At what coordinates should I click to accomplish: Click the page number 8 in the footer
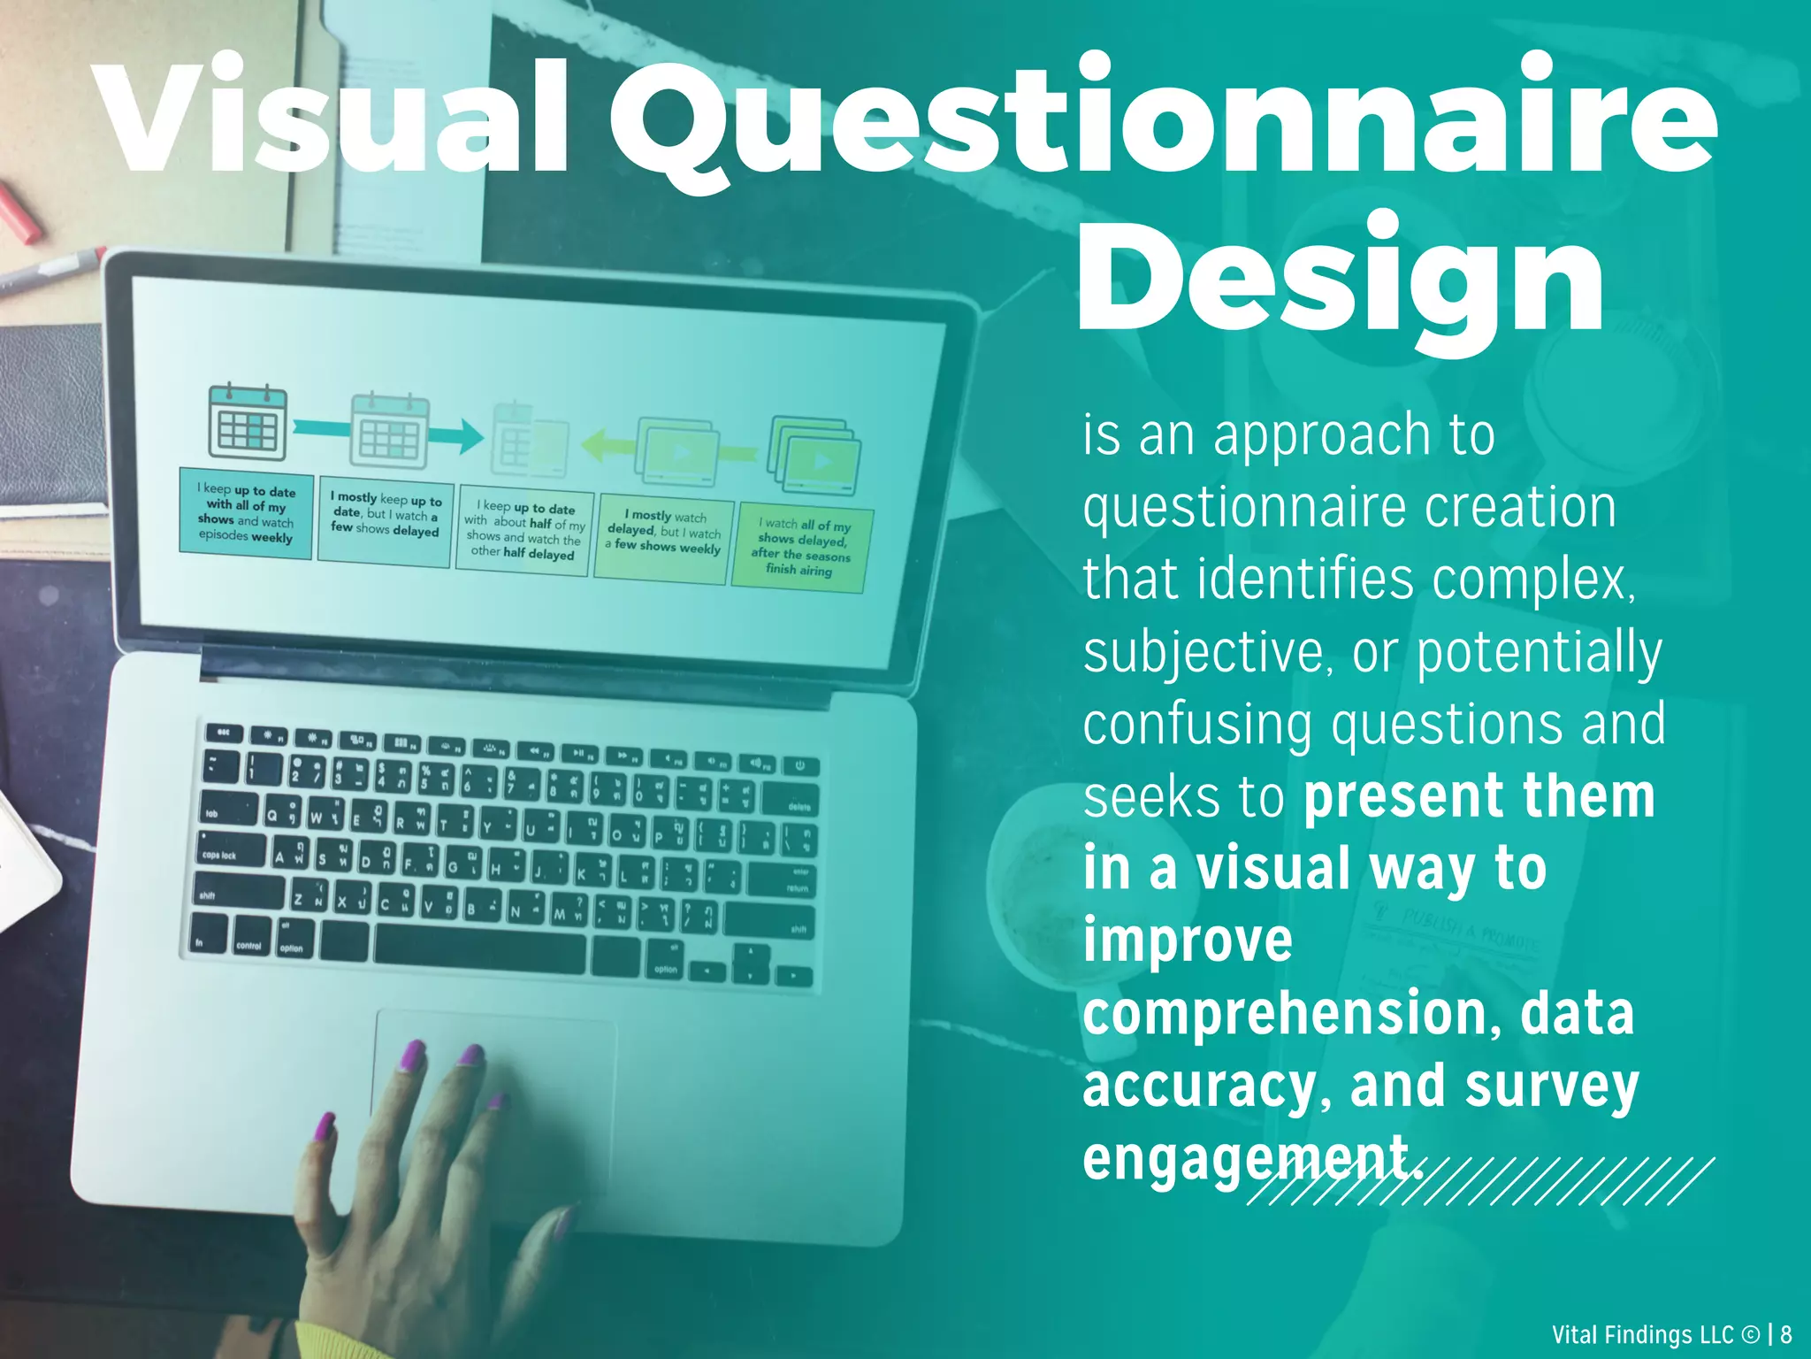point(1786,1334)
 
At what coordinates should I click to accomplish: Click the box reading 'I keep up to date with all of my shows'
point(246,513)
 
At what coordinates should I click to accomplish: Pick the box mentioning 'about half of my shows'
point(524,532)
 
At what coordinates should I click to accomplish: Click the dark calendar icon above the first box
point(248,422)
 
